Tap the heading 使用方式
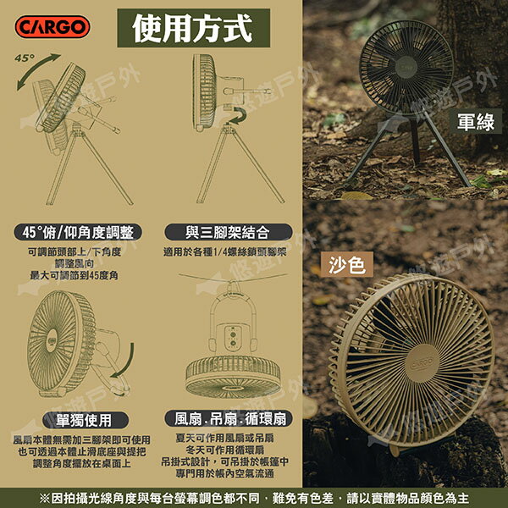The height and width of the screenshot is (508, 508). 192,27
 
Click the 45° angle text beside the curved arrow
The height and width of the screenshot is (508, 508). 25,58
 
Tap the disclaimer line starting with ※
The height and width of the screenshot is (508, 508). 254,497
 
